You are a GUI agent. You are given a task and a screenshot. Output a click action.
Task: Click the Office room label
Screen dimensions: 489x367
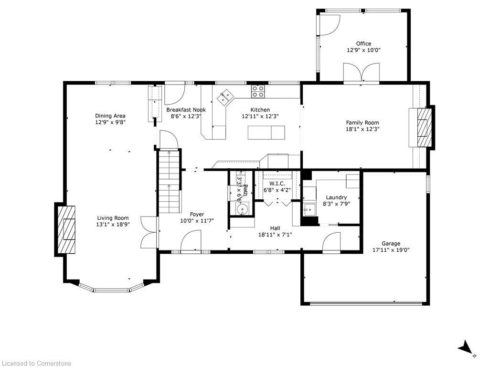click(363, 43)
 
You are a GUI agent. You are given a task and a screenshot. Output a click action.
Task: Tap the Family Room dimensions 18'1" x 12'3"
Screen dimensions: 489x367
click(362, 129)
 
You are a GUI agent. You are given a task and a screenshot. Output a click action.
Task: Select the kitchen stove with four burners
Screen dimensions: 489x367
click(258, 91)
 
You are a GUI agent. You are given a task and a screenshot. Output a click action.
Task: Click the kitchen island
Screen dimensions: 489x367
click(266, 132)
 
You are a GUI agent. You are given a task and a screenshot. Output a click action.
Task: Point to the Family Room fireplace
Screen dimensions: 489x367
click(423, 127)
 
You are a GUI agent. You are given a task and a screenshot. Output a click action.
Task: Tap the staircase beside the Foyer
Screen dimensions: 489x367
click(170, 181)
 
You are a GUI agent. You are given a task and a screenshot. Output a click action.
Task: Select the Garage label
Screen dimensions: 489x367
click(391, 243)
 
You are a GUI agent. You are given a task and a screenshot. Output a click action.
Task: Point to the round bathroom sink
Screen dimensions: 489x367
click(242, 208)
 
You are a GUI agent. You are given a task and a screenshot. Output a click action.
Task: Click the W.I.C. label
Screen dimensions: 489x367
click(277, 184)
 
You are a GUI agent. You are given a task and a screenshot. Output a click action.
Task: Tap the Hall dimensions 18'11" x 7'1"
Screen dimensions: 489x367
click(275, 234)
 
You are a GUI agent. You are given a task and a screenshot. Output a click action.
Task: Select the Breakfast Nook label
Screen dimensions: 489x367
click(186, 110)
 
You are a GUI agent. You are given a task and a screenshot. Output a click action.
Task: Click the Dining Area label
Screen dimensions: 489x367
click(110, 116)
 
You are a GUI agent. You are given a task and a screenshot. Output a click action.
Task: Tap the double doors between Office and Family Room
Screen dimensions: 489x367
click(361, 73)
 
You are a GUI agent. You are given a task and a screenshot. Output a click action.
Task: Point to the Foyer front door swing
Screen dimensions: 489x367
click(191, 240)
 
